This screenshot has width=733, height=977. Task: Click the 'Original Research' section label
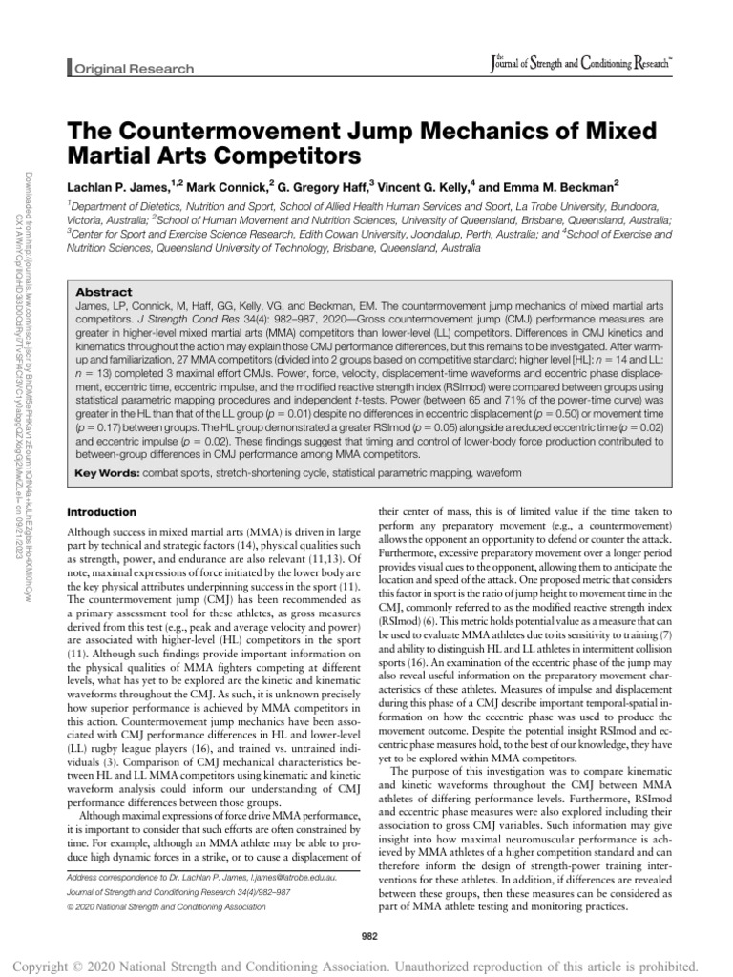(x=134, y=69)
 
